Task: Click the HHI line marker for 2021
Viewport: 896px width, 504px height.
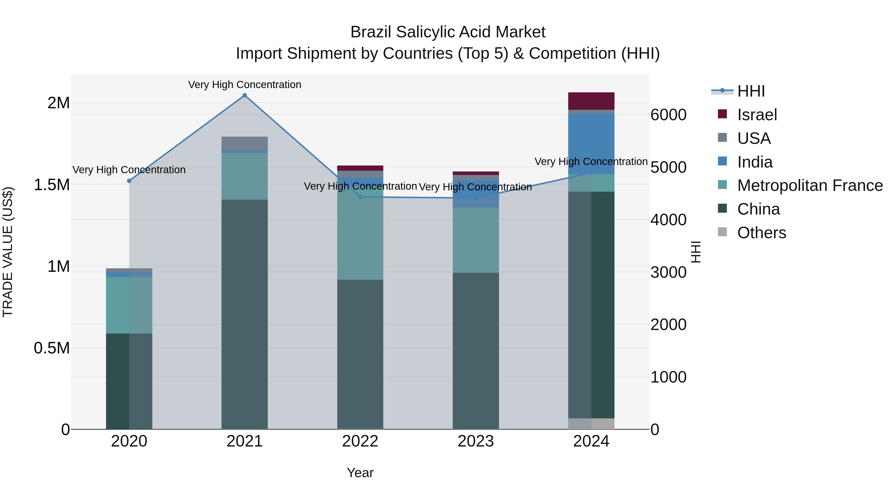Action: [x=244, y=95]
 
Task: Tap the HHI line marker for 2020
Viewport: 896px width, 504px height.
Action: [x=129, y=181]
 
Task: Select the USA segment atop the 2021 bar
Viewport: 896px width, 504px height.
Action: [x=244, y=143]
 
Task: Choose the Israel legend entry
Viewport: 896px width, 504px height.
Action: [x=757, y=115]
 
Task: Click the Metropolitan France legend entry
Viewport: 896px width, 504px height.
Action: [x=810, y=186]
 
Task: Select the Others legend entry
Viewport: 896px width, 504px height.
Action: [x=761, y=233]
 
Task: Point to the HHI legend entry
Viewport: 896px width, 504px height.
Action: [x=751, y=91]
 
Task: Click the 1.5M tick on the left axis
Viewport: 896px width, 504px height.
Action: [x=52, y=185]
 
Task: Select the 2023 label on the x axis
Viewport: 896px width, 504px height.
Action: [x=475, y=441]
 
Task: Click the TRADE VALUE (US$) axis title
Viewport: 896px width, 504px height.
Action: [x=8, y=252]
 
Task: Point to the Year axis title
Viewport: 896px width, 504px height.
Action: [x=360, y=473]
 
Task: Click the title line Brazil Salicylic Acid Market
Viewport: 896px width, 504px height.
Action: [x=448, y=32]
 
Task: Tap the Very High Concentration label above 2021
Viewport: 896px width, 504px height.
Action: [x=244, y=85]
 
